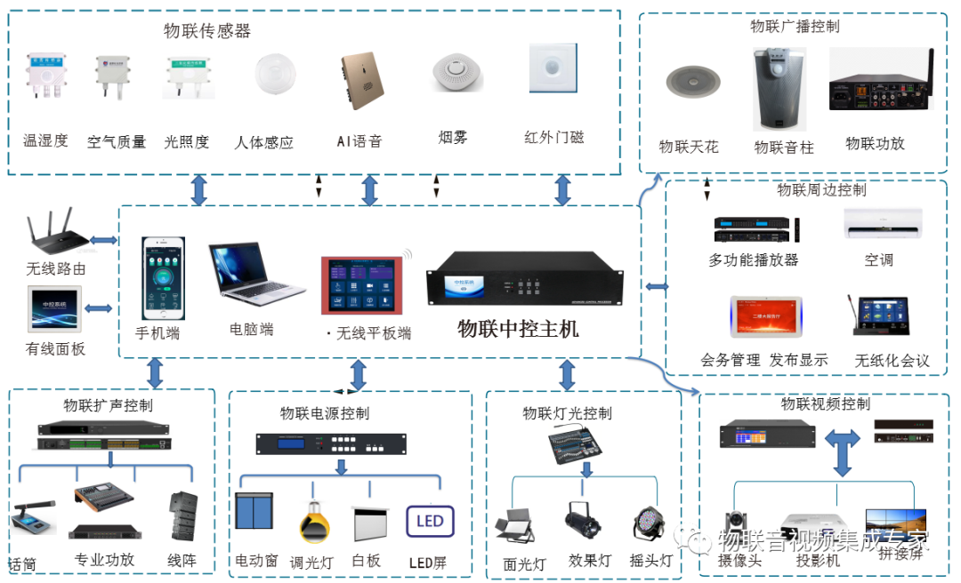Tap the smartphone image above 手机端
[x=163, y=279]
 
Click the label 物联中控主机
[x=518, y=330]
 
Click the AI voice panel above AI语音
[x=360, y=83]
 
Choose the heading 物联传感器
[x=207, y=31]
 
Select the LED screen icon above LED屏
[x=430, y=521]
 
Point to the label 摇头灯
[x=650, y=562]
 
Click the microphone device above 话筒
[x=31, y=520]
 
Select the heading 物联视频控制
[x=825, y=404]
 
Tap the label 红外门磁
[x=554, y=138]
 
